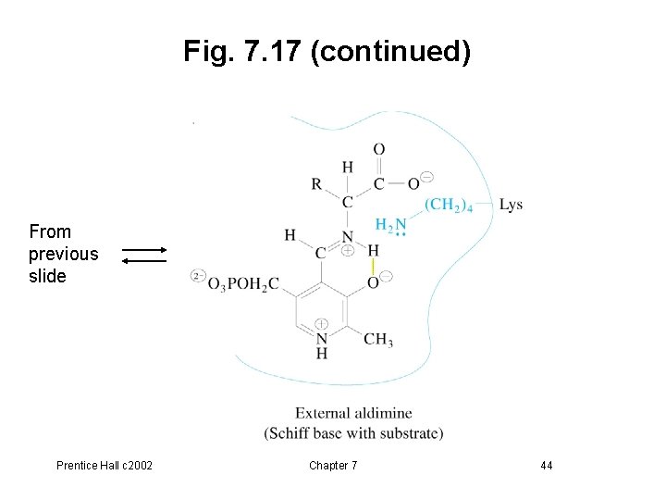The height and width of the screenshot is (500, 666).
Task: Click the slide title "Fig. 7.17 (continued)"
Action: click(327, 51)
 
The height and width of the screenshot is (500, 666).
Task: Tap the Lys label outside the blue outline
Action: click(511, 205)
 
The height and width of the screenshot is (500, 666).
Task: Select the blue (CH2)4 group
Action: click(449, 205)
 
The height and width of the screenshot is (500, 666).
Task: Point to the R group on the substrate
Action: click(316, 183)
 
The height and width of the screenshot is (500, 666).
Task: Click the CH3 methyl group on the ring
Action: click(377, 340)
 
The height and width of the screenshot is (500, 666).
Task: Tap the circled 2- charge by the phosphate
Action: click(197, 275)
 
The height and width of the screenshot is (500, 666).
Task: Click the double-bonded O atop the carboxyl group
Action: click(379, 148)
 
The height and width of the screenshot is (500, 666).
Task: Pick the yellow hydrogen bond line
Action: click(372, 265)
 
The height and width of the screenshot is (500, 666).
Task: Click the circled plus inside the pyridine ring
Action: click(321, 323)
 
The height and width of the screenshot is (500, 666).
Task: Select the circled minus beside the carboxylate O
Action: click(426, 177)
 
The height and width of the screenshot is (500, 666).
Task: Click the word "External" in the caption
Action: click(324, 413)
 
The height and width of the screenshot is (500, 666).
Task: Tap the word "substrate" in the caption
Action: click(413, 432)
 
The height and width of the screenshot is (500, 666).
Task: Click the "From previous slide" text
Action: click(63, 254)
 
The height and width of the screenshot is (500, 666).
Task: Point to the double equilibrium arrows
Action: click(144, 255)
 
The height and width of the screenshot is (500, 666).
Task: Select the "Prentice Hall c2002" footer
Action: click(104, 465)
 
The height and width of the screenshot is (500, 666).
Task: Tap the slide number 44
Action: click(546, 465)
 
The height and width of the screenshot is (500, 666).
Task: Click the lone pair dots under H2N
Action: click(400, 235)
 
